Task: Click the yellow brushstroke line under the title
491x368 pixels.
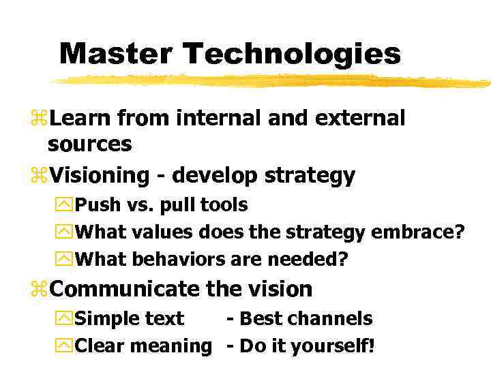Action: tap(273, 81)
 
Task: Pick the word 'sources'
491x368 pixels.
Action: tap(90, 144)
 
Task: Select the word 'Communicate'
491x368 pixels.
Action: tap(125, 289)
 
